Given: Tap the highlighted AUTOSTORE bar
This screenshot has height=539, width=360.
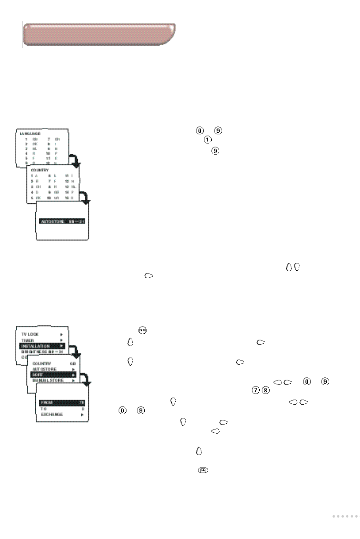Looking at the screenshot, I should pyautogui.click(x=63, y=222).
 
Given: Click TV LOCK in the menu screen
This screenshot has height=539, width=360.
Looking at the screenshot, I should pyautogui.click(x=30, y=334).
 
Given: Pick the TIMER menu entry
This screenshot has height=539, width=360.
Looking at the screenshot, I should pyautogui.click(x=27, y=340).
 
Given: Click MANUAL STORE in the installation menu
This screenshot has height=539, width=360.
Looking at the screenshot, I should pyautogui.click(x=48, y=380).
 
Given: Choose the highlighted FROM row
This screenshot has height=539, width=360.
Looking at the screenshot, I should pyautogui.click(x=62, y=403).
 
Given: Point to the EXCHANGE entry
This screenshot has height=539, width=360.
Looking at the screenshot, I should pyautogui.click(x=52, y=415).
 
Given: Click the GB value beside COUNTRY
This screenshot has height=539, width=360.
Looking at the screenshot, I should pyautogui.click(x=73, y=363).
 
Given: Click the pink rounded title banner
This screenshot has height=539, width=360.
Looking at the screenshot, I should pyautogui.click(x=99, y=34).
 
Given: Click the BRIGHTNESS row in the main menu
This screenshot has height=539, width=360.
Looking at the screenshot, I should pyautogui.click(x=42, y=352).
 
